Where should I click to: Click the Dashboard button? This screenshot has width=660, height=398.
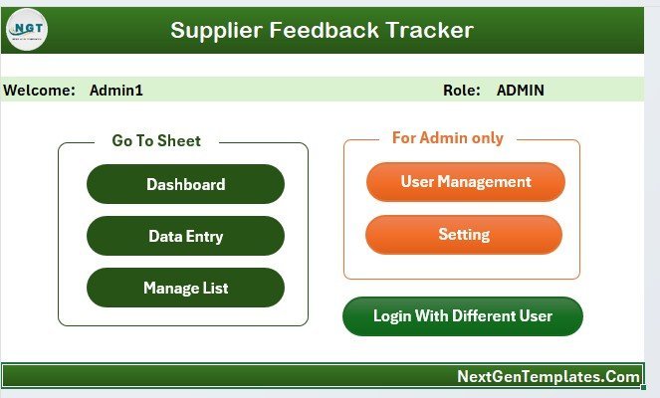pyautogui.click(x=185, y=184)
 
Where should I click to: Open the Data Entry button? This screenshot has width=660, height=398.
pyautogui.click(x=185, y=236)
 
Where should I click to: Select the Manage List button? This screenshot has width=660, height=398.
pyautogui.click(x=185, y=288)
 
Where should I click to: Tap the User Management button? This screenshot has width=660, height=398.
pyautogui.click(x=466, y=182)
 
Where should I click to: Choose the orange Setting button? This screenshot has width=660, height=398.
pyautogui.click(x=464, y=235)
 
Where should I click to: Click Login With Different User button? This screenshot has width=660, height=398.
pyautogui.click(x=463, y=316)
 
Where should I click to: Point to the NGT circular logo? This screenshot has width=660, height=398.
pyautogui.click(x=27, y=30)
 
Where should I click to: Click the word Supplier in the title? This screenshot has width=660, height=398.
pyautogui.click(x=216, y=31)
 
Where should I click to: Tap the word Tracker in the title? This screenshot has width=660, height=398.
pyautogui.click(x=430, y=30)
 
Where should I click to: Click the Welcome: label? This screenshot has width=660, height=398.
pyautogui.click(x=39, y=90)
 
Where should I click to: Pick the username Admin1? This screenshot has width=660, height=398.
pyautogui.click(x=116, y=90)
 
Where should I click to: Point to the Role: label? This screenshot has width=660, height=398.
pyautogui.click(x=462, y=90)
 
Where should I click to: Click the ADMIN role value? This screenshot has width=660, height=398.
pyautogui.click(x=521, y=90)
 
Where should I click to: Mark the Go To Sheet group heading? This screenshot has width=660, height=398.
pyautogui.click(x=156, y=140)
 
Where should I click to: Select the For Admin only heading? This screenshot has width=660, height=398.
pyautogui.click(x=448, y=138)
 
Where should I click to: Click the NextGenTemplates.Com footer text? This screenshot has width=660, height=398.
pyautogui.click(x=549, y=376)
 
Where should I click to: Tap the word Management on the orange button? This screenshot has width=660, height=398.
pyautogui.click(x=484, y=182)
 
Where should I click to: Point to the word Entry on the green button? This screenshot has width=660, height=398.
pyautogui.click(x=204, y=237)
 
